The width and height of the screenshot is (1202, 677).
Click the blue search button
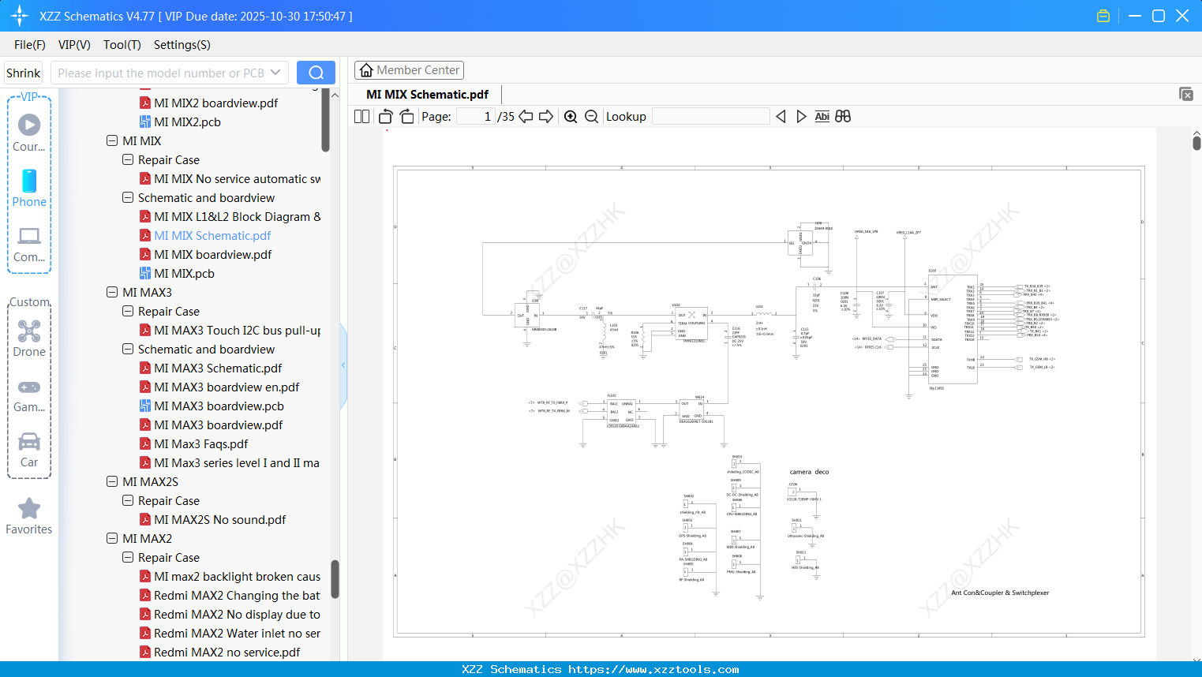(316, 73)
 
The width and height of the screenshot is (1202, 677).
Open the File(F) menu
(30, 45)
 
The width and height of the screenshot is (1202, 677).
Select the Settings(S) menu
(182, 45)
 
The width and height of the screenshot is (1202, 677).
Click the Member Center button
(409, 70)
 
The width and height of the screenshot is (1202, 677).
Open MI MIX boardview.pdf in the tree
(212, 255)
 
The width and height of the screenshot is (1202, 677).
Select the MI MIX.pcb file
(184, 274)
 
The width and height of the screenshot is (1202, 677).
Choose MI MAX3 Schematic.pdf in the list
(218, 368)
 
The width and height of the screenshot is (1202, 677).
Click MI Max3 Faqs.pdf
(200, 444)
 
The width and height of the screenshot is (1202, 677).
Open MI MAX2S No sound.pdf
(219, 520)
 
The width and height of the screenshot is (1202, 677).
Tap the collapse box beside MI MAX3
(112, 293)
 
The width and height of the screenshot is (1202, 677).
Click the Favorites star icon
(29, 509)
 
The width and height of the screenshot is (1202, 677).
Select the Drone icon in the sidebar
(29, 331)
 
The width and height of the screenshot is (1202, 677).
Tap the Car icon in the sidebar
(29, 442)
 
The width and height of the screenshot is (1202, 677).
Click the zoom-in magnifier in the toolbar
(571, 117)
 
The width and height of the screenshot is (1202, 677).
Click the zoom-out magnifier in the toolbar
(591, 117)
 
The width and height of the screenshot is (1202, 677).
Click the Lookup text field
(710, 117)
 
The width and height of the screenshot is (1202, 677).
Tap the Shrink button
(24, 73)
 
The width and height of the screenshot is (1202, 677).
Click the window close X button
(1182, 16)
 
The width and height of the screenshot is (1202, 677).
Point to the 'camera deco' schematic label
(809, 472)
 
